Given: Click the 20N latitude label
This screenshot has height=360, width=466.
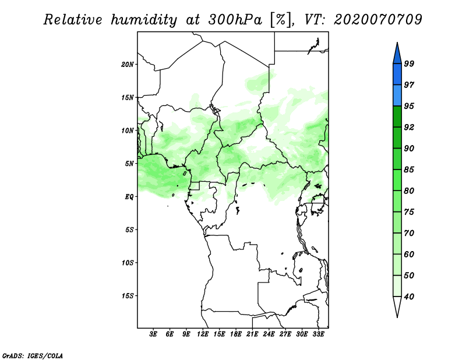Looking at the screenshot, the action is pyautogui.click(x=128, y=65).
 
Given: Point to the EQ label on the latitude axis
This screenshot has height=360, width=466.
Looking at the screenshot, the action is pyautogui.click(x=129, y=197).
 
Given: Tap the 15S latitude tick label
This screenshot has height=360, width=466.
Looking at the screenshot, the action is pyautogui.click(x=128, y=296).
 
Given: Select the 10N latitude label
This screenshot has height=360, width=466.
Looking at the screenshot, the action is pyautogui.click(x=128, y=130).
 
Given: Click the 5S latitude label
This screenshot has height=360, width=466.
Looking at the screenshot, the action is pyautogui.click(x=129, y=230).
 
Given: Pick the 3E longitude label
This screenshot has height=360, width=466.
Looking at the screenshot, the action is pyautogui.click(x=153, y=334).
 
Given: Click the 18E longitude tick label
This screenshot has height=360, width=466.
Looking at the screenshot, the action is pyautogui.click(x=236, y=334).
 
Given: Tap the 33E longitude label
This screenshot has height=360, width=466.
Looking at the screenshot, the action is pyautogui.click(x=318, y=334).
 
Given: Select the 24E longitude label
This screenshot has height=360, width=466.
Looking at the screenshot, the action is pyautogui.click(x=269, y=334).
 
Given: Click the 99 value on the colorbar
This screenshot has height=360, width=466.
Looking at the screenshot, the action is pyautogui.click(x=409, y=63).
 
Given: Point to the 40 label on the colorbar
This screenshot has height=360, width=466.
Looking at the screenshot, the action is pyautogui.click(x=409, y=297).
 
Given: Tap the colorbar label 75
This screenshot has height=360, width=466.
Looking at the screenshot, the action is pyautogui.click(x=409, y=212).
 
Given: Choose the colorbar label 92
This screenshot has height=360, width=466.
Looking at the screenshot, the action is pyautogui.click(x=409, y=127).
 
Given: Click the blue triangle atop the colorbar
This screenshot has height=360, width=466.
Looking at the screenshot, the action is pyautogui.click(x=397, y=55).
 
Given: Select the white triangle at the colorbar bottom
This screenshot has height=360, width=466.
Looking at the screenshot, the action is pyautogui.click(x=397, y=305).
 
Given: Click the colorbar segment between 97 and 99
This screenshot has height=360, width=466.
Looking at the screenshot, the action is pyautogui.click(x=397, y=75).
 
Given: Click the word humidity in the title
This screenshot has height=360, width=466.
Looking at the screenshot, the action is pyautogui.click(x=144, y=20).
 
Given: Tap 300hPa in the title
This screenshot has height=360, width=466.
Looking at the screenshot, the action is pyautogui.click(x=235, y=20).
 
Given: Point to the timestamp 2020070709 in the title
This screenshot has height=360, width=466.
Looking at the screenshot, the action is pyautogui.click(x=378, y=20).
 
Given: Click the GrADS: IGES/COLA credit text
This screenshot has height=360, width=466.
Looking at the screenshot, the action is pyautogui.click(x=33, y=356).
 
